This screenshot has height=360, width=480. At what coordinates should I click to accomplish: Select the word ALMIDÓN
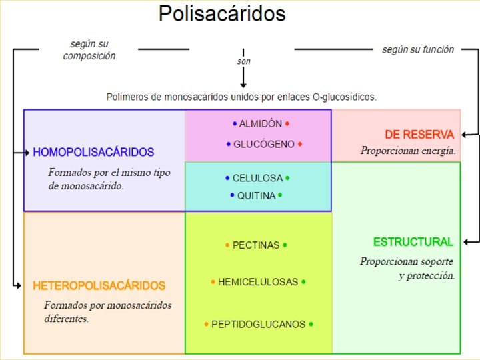(260, 124)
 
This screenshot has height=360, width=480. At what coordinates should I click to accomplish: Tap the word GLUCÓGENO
(264, 144)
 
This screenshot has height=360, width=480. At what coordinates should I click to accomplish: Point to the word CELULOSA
(257, 179)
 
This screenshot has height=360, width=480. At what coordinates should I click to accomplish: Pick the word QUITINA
(255, 195)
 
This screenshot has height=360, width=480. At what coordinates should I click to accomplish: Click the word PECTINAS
(256, 245)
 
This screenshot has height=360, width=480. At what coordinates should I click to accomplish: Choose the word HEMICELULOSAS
(257, 282)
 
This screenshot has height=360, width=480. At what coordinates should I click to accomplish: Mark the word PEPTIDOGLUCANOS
(258, 325)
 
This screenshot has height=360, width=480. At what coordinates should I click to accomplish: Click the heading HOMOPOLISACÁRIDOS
(93, 153)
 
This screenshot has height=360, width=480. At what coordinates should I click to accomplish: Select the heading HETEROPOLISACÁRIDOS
(99, 286)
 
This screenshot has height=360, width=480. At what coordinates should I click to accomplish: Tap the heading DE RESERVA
(419, 134)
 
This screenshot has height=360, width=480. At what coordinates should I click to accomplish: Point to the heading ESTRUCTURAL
(413, 242)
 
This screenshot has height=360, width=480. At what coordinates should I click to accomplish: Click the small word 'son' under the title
(243, 61)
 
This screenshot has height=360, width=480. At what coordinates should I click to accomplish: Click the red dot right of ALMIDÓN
(287, 124)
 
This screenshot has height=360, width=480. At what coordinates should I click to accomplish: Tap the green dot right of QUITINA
(280, 195)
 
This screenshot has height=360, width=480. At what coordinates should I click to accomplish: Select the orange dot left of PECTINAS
(227, 245)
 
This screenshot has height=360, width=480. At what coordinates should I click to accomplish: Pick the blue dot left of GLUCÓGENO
(228, 144)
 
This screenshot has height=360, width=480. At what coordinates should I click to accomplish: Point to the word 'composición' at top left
(89, 56)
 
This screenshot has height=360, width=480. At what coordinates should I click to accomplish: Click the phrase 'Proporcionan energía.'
(408, 151)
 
